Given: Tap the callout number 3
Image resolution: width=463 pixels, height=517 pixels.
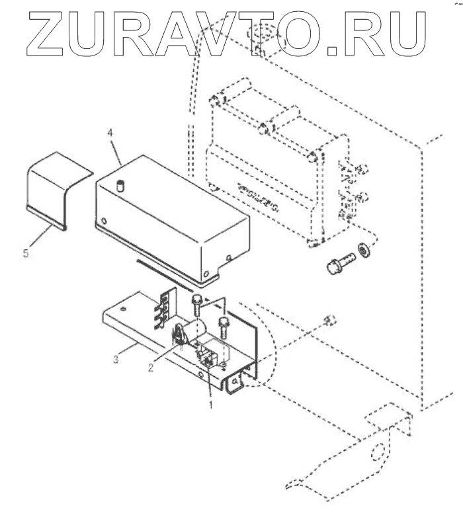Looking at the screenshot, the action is click(x=116, y=359).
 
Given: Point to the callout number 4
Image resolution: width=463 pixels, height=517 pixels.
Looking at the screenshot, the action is click(x=110, y=133).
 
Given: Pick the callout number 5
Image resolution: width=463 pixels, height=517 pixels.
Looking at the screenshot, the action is click(x=26, y=253).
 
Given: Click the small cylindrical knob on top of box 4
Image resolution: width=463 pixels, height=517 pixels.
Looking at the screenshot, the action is click(x=120, y=184).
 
